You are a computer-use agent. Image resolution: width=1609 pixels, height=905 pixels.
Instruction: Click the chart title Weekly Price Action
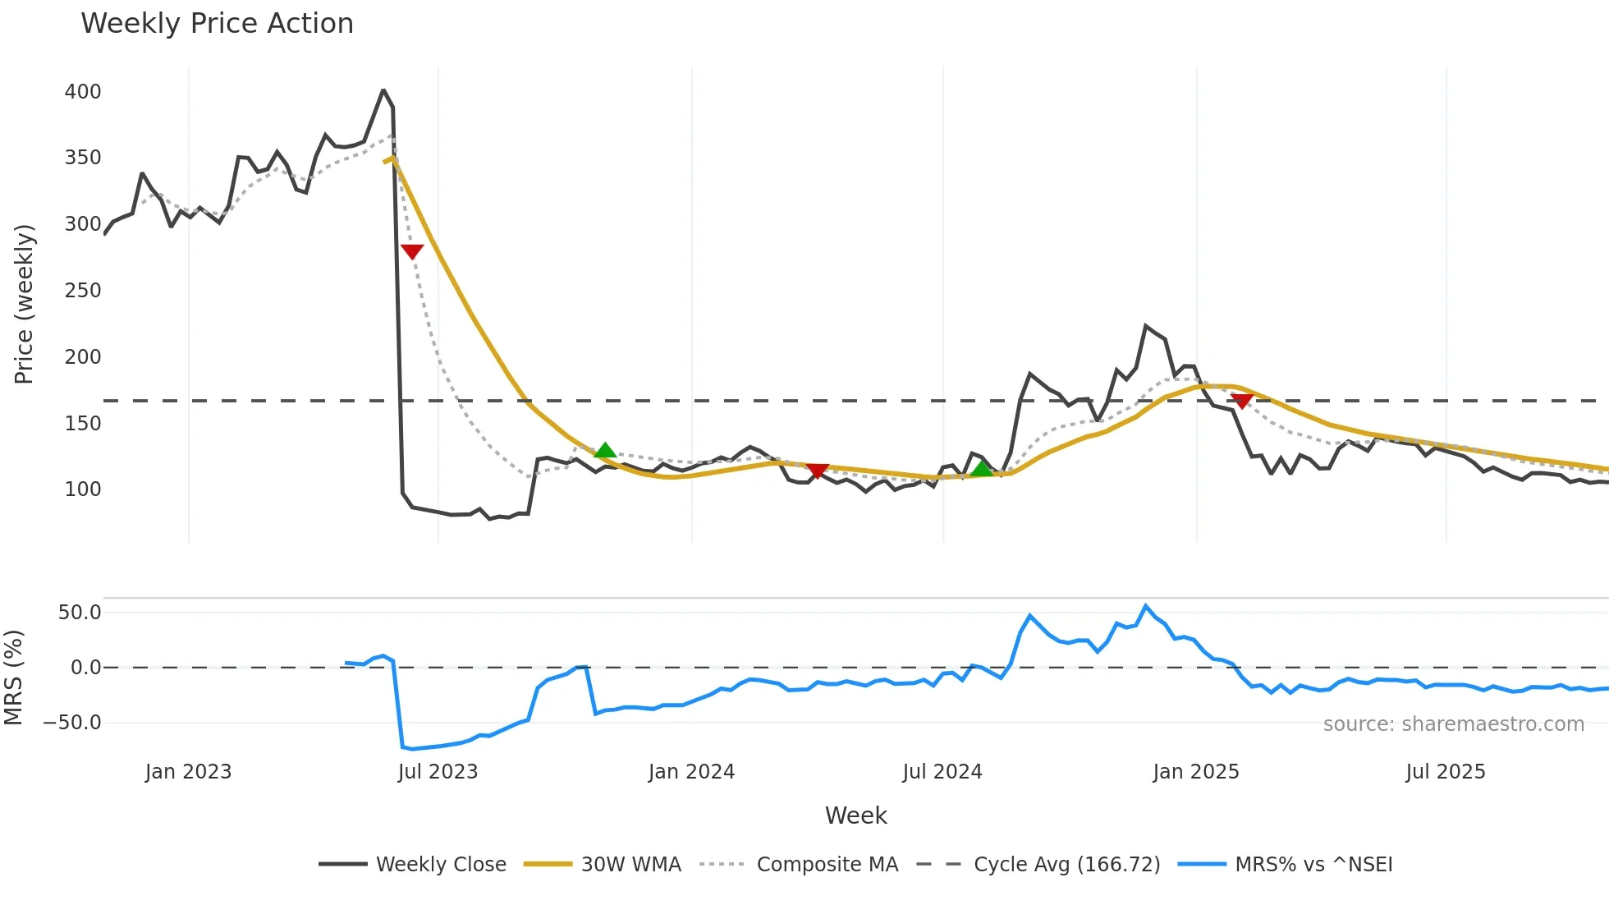(x=217, y=23)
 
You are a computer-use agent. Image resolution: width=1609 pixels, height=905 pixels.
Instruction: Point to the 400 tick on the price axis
(x=83, y=91)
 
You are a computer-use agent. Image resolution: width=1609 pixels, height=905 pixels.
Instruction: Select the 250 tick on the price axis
(x=83, y=290)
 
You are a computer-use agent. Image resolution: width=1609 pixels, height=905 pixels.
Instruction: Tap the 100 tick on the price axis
(x=83, y=489)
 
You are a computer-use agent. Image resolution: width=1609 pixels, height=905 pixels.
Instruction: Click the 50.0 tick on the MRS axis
(x=80, y=612)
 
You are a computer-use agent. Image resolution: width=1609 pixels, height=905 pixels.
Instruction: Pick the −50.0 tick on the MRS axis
(x=73, y=723)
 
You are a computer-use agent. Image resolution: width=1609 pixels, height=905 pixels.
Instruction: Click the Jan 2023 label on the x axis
(x=188, y=772)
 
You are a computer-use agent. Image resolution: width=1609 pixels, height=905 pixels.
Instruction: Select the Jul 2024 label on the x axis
(x=942, y=772)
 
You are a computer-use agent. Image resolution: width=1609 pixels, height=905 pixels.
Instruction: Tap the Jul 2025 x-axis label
(x=1445, y=772)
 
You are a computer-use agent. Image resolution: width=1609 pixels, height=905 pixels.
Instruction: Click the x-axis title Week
(x=855, y=815)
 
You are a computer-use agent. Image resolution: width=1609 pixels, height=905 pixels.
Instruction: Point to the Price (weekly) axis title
(x=24, y=304)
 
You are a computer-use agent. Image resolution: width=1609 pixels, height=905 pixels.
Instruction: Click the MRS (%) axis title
(x=13, y=678)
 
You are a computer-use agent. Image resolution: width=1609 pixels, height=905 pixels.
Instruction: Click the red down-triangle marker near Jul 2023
(x=412, y=251)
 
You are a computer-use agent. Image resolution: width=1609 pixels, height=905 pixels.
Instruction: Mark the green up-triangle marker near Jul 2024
(x=982, y=469)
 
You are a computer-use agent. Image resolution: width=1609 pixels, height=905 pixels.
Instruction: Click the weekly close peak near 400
(x=383, y=90)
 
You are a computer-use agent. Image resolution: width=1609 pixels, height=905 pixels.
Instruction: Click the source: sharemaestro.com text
(x=1453, y=724)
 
